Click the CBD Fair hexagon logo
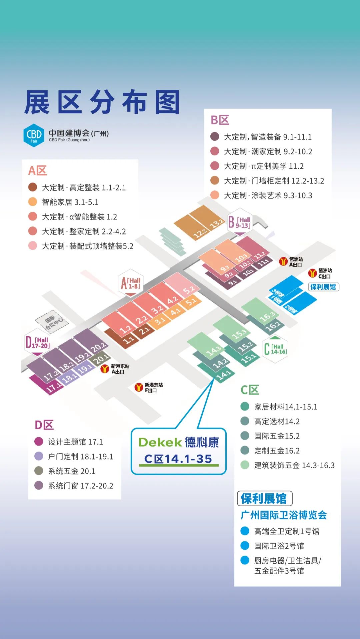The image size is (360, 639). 34,135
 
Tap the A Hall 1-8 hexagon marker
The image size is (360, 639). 130,283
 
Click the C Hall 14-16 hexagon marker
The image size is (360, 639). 275,349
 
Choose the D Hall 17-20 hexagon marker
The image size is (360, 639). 37,342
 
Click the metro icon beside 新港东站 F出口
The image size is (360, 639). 139,387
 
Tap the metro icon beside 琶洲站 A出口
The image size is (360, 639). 283,261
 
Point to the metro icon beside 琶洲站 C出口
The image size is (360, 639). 312,273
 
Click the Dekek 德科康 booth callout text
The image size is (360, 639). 179,451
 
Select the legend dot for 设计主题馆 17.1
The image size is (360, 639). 39,442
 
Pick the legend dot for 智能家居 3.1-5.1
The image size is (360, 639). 33,202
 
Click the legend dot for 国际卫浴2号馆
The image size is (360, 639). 245,546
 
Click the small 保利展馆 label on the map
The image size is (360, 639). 323,287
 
